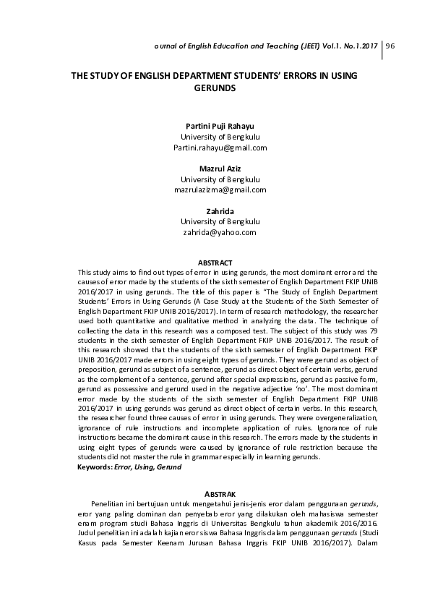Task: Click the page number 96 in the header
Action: tap(391, 46)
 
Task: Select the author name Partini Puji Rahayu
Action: tap(220, 124)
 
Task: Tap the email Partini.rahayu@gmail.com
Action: tap(220, 148)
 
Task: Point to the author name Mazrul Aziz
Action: tap(220, 167)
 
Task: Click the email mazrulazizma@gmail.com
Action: tap(220, 189)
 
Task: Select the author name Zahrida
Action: tap(220, 210)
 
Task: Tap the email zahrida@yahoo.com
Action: tap(220, 233)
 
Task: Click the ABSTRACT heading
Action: tap(215, 262)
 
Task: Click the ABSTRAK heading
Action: tap(215, 492)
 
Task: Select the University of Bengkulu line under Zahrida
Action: tap(220, 221)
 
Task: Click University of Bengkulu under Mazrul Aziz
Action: tap(220, 179)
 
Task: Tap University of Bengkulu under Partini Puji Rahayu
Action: tap(220, 136)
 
